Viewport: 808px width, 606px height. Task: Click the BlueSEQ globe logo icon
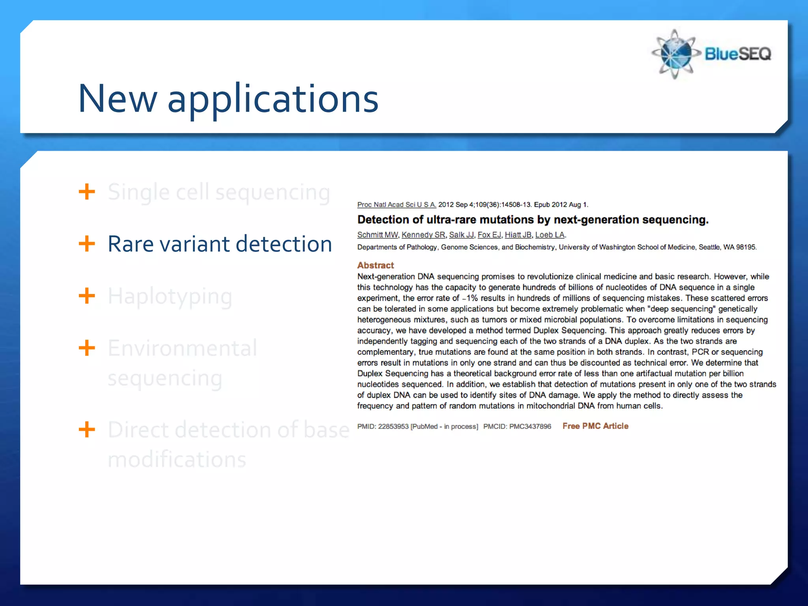675,54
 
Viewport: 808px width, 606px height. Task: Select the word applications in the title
273,99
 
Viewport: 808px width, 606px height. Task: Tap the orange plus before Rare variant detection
87,244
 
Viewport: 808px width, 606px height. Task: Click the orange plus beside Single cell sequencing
87,192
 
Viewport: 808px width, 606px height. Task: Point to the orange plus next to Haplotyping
87,296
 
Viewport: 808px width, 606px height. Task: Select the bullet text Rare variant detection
220,244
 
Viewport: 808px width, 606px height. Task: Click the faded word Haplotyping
170,297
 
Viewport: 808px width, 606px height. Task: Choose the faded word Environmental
182,348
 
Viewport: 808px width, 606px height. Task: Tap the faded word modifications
177,460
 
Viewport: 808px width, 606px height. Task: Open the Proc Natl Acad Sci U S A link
397,204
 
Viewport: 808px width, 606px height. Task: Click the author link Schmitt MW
378,235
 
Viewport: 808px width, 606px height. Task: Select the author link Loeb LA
550,235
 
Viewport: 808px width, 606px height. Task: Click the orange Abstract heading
376,265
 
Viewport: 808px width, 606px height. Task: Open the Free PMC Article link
595,426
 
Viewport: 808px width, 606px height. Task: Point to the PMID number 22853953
393,426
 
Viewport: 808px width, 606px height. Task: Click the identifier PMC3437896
530,426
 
